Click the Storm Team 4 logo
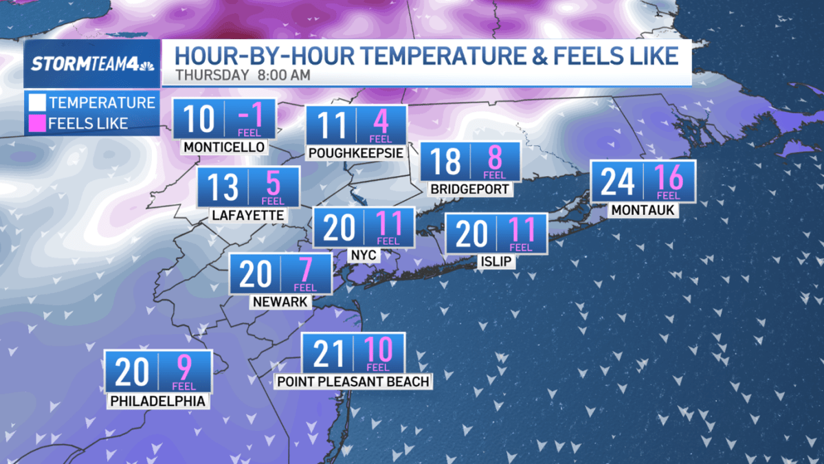click(92, 65)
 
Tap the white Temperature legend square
click(37, 103)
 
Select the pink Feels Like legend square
click(37, 124)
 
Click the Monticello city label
click(224, 147)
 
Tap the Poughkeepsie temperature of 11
click(331, 126)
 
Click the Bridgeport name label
click(470, 188)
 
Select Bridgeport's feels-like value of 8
click(495, 159)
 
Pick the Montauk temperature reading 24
click(616, 180)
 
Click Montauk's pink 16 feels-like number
click(669, 178)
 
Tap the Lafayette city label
click(248, 215)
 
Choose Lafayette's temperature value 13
click(223, 186)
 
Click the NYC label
click(363, 255)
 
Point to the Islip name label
click(495, 261)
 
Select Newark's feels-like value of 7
click(306, 272)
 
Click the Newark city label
click(280, 301)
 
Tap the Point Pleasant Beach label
click(353, 381)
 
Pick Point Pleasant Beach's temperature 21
click(327, 353)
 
